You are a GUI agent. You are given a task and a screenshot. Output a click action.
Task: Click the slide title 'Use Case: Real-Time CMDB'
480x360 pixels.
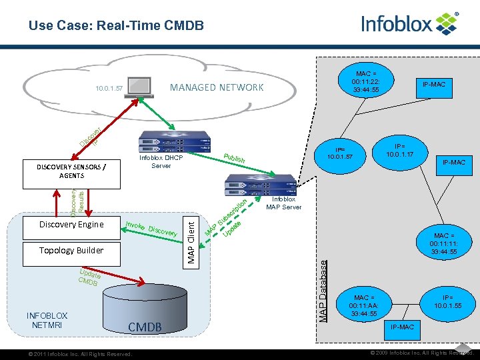click(x=116, y=26)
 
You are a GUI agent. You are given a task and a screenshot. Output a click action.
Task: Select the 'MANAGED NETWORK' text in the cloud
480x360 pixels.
click(x=217, y=87)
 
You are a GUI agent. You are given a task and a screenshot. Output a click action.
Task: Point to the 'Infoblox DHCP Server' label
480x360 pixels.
click(x=161, y=162)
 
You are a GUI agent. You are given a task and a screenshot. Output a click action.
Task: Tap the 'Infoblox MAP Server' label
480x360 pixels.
click(x=284, y=203)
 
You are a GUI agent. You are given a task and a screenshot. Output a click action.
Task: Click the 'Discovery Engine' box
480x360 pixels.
click(x=71, y=224)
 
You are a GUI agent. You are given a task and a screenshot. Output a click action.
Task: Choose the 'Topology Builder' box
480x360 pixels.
click(x=71, y=250)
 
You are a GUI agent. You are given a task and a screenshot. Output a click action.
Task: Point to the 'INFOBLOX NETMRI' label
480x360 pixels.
click(x=47, y=320)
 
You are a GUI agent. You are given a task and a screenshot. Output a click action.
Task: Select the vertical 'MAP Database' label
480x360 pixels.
click(x=324, y=291)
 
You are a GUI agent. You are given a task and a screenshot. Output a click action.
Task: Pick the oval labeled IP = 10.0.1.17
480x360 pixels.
click(x=405, y=150)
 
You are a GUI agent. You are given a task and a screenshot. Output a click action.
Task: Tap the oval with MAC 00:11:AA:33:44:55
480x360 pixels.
click(x=365, y=305)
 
